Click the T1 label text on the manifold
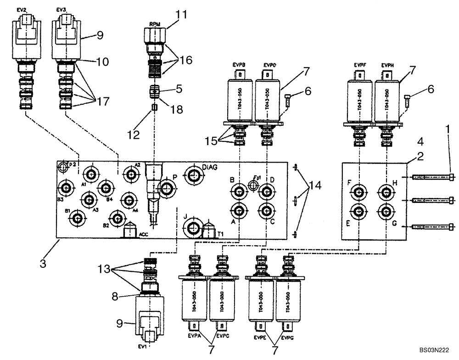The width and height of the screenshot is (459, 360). [220, 233]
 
